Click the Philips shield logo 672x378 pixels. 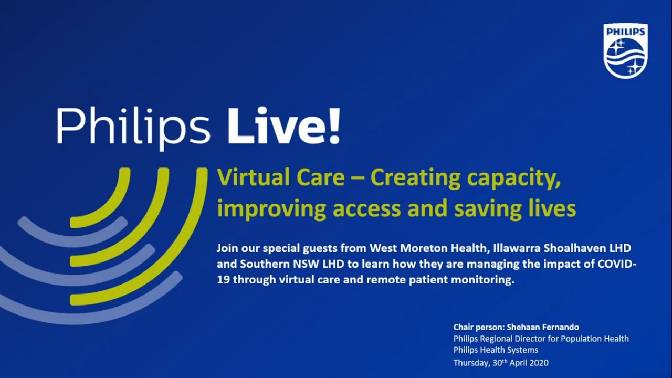tap(625, 51)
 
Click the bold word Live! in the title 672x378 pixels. tap(283, 126)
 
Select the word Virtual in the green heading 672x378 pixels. tap(247, 178)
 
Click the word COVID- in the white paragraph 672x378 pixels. tap(617, 264)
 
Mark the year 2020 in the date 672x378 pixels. tap(539, 362)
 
